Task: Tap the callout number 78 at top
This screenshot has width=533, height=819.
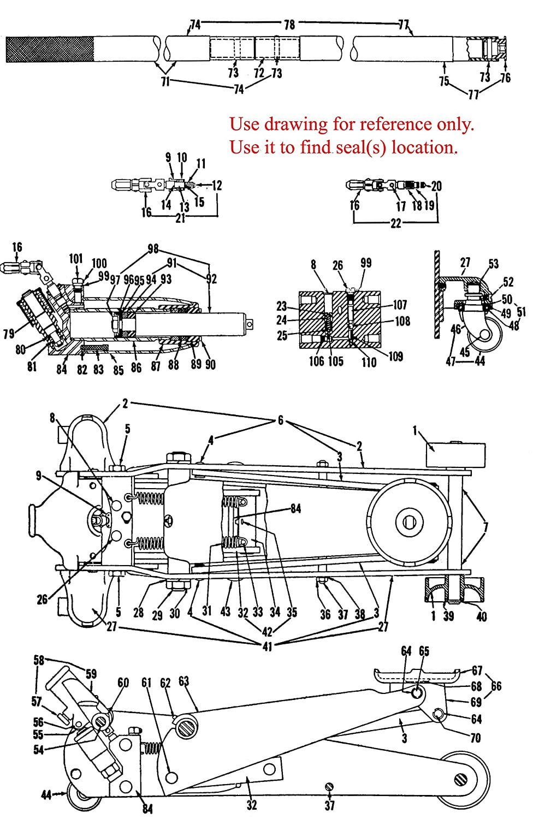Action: pos(289,25)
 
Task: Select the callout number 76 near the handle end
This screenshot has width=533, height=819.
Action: pos(506,78)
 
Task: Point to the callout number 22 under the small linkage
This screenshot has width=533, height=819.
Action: pos(396,224)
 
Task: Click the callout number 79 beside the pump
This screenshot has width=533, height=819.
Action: pos(9,333)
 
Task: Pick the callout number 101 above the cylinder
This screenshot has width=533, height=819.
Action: pos(76,258)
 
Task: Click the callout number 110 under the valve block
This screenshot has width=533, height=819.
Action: pos(369,361)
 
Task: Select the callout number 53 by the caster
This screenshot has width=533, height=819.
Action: pos(493,265)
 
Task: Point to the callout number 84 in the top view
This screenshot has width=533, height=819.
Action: pos(295,509)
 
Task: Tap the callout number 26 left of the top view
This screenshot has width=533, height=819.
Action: pos(42,600)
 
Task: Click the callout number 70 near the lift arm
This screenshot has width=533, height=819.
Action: pos(475,738)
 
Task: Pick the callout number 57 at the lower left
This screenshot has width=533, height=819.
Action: pos(37,701)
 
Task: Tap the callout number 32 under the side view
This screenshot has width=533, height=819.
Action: pos(251,804)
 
